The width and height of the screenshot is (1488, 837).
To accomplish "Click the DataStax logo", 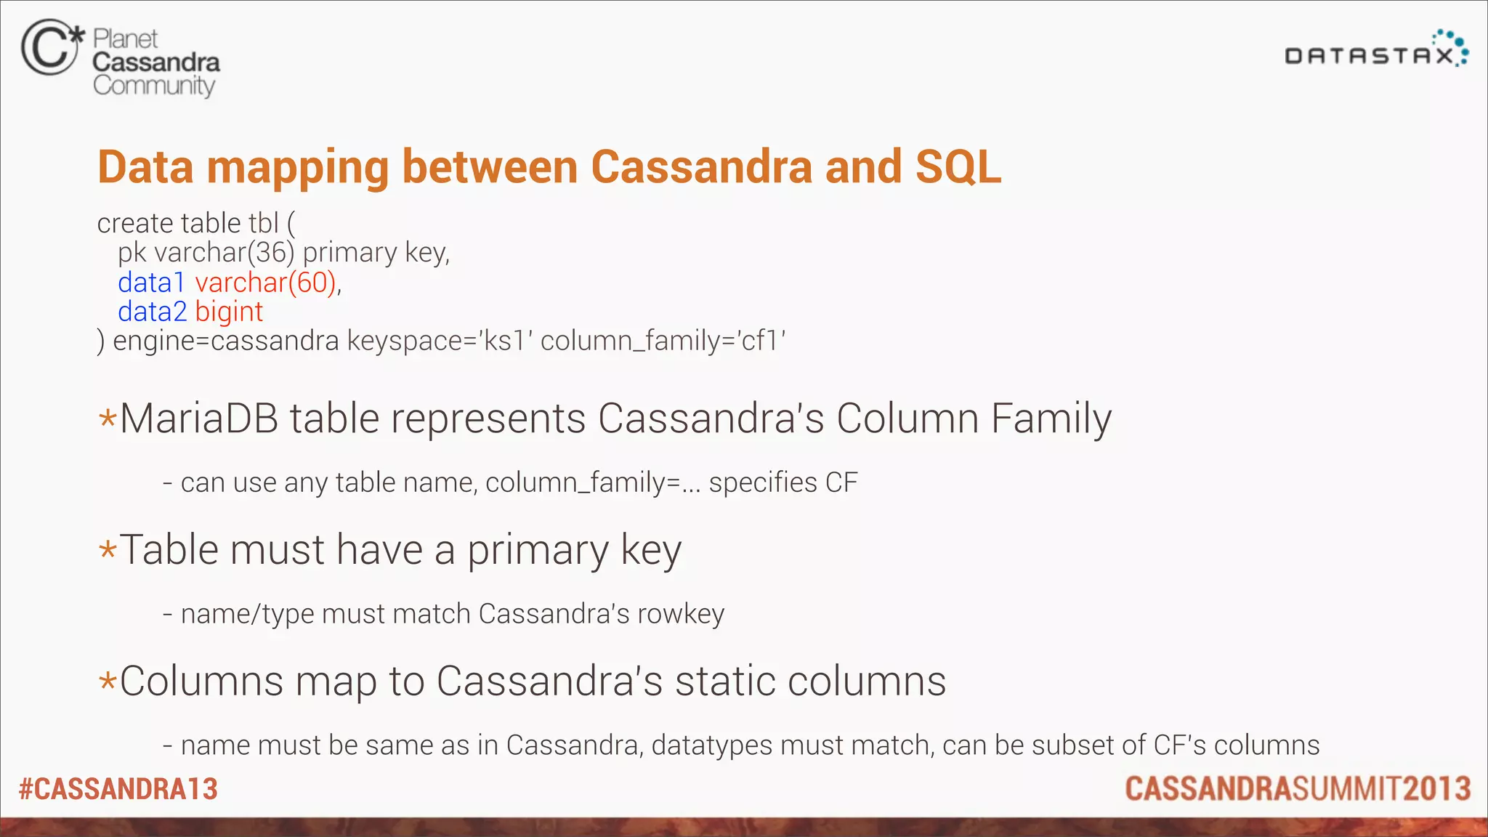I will [x=1375, y=51].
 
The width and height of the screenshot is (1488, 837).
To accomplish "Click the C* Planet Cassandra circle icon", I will [x=49, y=48].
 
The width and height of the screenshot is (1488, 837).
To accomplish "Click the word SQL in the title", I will [x=958, y=167].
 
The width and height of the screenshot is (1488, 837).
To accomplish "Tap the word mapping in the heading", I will [x=298, y=169].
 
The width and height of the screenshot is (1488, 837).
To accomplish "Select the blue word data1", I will [x=151, y=283].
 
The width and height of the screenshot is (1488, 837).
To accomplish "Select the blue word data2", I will [x=152, y=312].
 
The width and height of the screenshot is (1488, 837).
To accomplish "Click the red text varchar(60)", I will [x=265, y=283].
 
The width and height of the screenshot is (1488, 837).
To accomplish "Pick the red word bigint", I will [x=229, y=312].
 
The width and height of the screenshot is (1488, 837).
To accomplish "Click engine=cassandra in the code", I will [x=225, y=341].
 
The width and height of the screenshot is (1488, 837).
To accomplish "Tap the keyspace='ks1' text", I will [x=440, y=341].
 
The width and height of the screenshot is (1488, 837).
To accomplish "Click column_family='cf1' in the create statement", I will [x=663, y=341].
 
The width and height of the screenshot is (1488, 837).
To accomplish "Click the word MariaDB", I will [x=198, y=419].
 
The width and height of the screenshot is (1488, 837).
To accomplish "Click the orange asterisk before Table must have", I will [x=108, y=550].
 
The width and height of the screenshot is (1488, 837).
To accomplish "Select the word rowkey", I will [x=680, y=615].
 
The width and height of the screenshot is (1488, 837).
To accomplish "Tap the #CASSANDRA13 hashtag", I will [x=118, y=789].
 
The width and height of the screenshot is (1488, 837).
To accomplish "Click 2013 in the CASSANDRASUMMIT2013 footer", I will [x=1436, y=789].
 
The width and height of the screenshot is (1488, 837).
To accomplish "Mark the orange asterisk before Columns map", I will [x=108, y=682].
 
